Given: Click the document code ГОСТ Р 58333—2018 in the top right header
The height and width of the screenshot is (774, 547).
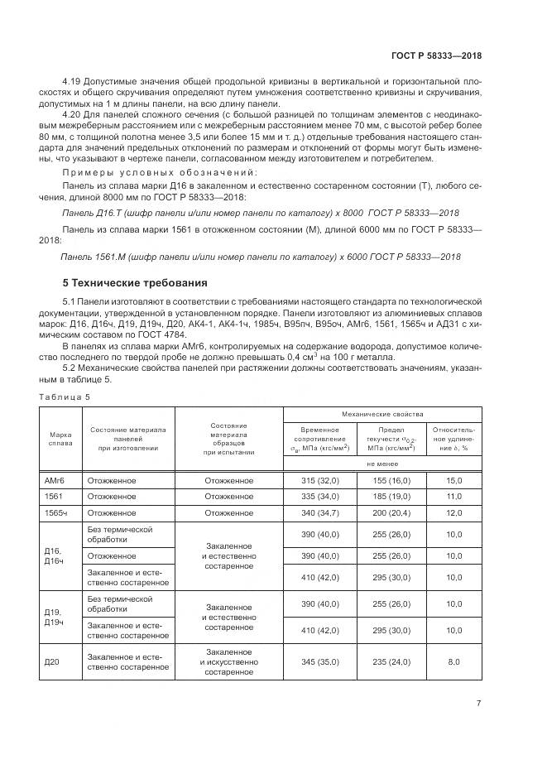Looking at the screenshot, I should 436,55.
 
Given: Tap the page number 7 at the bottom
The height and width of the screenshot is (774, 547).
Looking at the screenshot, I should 479,704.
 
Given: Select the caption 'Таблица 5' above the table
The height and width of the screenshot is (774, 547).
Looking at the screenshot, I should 65,397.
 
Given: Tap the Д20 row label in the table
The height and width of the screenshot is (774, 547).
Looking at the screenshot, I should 52,662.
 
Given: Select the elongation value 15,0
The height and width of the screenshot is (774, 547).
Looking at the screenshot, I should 453,480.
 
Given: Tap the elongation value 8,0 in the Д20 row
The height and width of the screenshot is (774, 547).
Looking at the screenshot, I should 453,662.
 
